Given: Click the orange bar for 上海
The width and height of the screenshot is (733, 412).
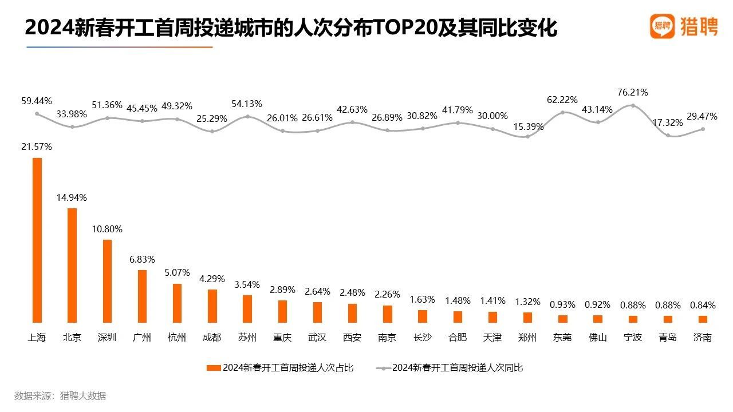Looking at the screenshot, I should [37, 240].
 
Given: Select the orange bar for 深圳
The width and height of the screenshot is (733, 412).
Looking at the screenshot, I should [107, 281].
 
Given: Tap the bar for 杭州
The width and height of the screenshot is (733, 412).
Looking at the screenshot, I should [177, 303].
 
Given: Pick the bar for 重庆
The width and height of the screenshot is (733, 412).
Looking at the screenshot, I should [282, 311].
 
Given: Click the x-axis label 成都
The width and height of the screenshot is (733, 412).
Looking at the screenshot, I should [212, 338].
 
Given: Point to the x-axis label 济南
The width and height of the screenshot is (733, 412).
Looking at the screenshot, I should [703, 338].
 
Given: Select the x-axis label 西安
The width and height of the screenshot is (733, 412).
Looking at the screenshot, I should [352, 338].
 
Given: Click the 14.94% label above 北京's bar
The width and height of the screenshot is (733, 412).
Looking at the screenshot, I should [72, 198].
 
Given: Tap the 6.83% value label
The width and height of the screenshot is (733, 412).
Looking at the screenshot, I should [141, 260].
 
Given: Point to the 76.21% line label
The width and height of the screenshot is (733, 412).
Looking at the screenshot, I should [632, 92].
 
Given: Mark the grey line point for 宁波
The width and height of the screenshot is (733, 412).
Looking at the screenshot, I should [633, 105].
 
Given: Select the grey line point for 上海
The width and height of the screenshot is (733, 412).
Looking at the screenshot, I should [37, 113].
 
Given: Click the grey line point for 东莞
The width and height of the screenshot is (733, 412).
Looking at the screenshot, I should [562, 112].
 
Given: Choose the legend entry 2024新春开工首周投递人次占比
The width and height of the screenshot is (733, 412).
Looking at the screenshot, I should [281, 368].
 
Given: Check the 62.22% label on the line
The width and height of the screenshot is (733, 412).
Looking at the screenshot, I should [562, 100].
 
